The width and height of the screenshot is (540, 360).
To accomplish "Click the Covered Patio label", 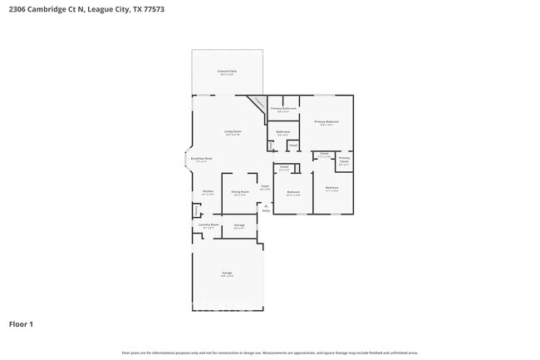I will tap(226, 72).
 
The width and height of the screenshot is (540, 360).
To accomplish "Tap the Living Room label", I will tap(232, 131).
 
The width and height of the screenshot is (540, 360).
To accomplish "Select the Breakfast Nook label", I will tap(202, 160).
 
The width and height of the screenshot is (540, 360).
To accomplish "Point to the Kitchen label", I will tap(208, 192).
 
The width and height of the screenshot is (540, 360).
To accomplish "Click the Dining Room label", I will tap(240, 192).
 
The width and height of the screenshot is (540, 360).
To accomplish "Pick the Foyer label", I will tap(264, 187).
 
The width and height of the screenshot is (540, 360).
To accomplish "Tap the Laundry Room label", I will tap(208, 224).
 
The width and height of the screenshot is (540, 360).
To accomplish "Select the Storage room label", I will tap(238, 225).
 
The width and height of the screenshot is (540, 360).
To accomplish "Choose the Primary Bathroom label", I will tap(283, 109).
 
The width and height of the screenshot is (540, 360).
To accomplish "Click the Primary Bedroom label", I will tap(326, 122).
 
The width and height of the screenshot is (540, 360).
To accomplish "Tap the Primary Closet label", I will tap(344, 159).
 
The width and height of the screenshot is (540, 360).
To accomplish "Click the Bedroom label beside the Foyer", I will tap(293, 193).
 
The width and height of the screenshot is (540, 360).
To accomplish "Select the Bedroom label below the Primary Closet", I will tap(331, 188).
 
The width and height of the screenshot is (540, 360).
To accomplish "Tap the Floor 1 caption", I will tap(21, 323).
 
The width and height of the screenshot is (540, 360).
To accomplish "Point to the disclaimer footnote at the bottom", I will tap(270, 353).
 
